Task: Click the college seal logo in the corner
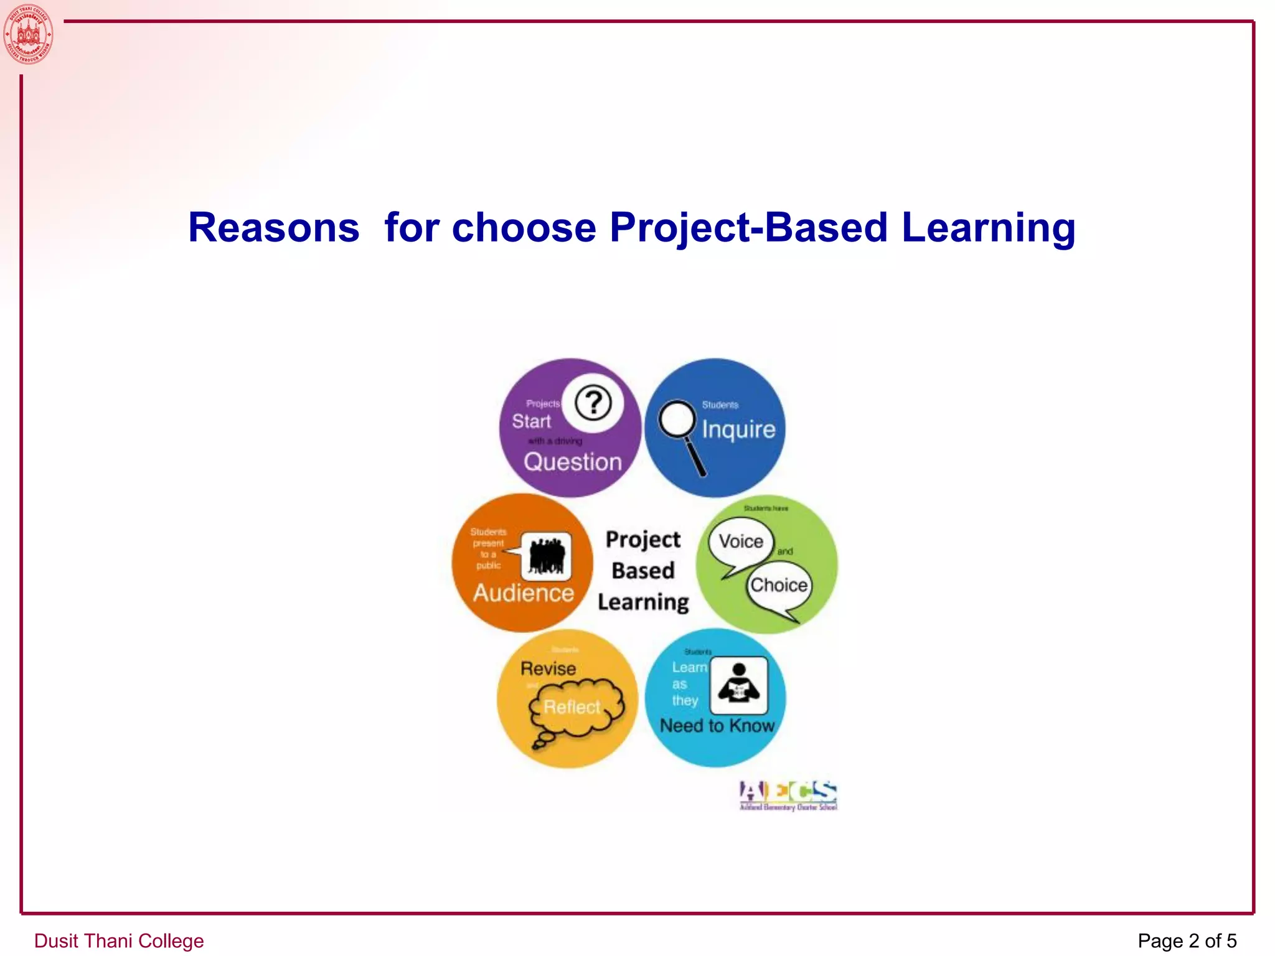click(x=29, y=34)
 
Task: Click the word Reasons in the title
click(x=274, y=228)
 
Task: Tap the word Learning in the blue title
click(x=988, y=228)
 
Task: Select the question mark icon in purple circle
click(x=593, y=403)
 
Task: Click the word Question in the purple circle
click(x=573, y=462)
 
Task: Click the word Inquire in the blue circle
click(x=738, y=429)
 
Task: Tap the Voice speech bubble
click(x=741, y=542)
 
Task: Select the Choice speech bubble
click(x=779, y=586)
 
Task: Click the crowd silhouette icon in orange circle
click(x=546, y=555)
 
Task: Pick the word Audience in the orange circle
click(x=523, y=593)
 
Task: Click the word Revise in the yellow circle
click(x=548, y=668)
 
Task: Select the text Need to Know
click(x=717, y=726)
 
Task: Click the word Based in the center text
click(x=643, y=571)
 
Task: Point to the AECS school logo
click(x=788, y=795)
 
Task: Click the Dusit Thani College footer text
click(x=119, y=940)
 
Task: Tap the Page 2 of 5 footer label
click(x=1187, y=940)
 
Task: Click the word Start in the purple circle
click(x=531, y=421)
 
